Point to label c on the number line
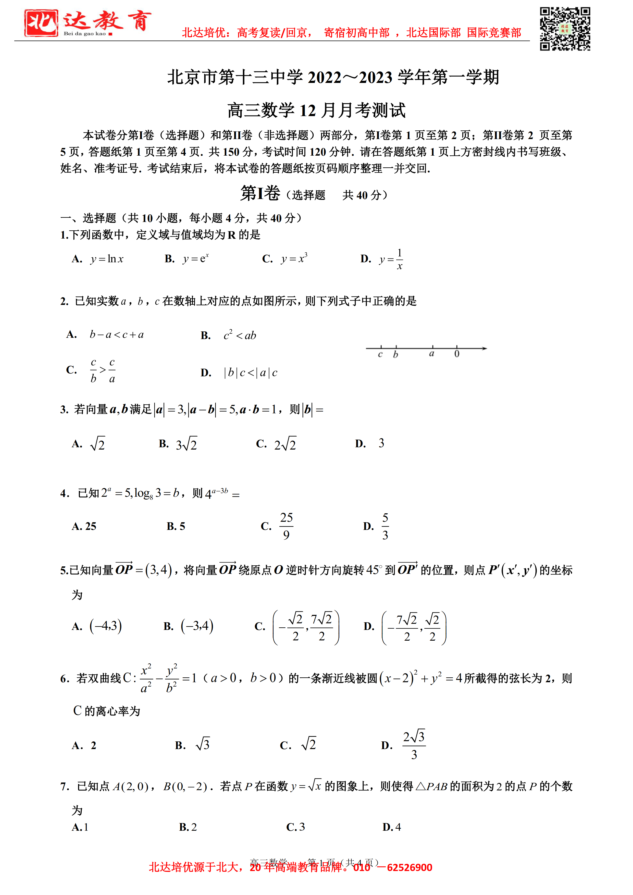coord(380,354)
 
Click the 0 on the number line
coord(457,354)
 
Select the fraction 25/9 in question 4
coord(286,526)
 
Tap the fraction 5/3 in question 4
coord(385,526)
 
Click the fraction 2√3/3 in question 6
coord(414,745)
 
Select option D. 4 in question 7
coord(392,827)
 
